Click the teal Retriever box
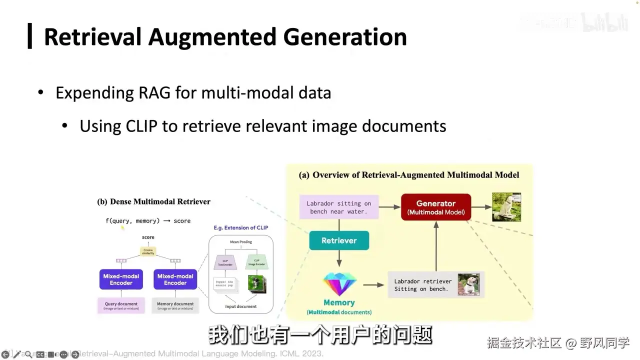point(339,240)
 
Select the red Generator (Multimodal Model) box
point(435,207)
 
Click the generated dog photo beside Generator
point(506,207)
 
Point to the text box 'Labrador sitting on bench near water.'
point(338,207)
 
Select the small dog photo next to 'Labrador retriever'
point(468,284)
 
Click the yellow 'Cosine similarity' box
point(148,251)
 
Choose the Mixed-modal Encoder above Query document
point(121,279)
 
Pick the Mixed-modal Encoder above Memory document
point(175,279)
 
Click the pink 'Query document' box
point(121,305)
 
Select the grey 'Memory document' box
point(175,305)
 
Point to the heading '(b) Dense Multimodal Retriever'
point(153,201)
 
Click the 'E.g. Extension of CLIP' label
point(240,227)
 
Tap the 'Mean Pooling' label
point(241,242)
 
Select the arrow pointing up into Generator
point(436,245)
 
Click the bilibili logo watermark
point(604,23)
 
